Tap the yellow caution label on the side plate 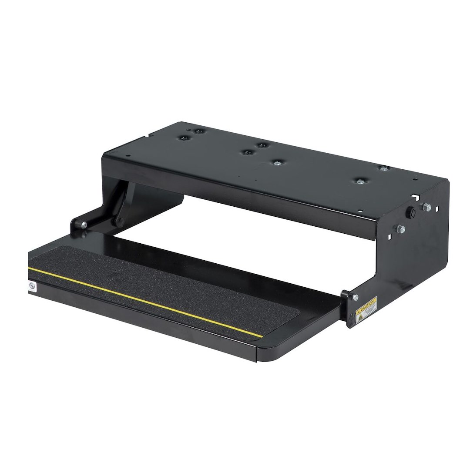click(x=366, y=309)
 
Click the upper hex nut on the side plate click(x=427, y=208)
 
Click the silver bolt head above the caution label click(x=356, y=297)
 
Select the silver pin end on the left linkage click(x=84, y=225)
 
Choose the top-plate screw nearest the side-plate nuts click(x=383, y=168)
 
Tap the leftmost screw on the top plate click(x=183, y=139)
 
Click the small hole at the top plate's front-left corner click(x=127, y=157)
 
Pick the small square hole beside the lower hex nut click(x=390, y=237)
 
